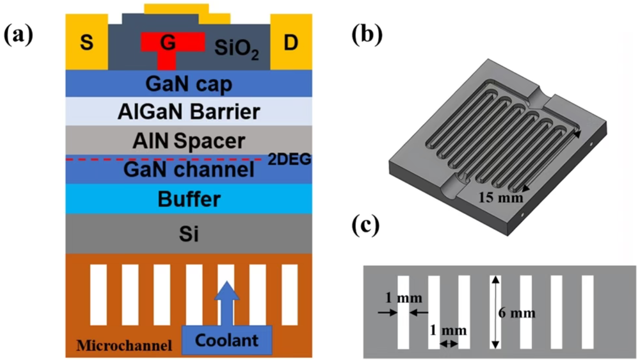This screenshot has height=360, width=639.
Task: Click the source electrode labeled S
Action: coord(87,43)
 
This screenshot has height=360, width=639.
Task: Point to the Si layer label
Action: coord(189,235)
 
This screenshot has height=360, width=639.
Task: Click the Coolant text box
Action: coord(226,340)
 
